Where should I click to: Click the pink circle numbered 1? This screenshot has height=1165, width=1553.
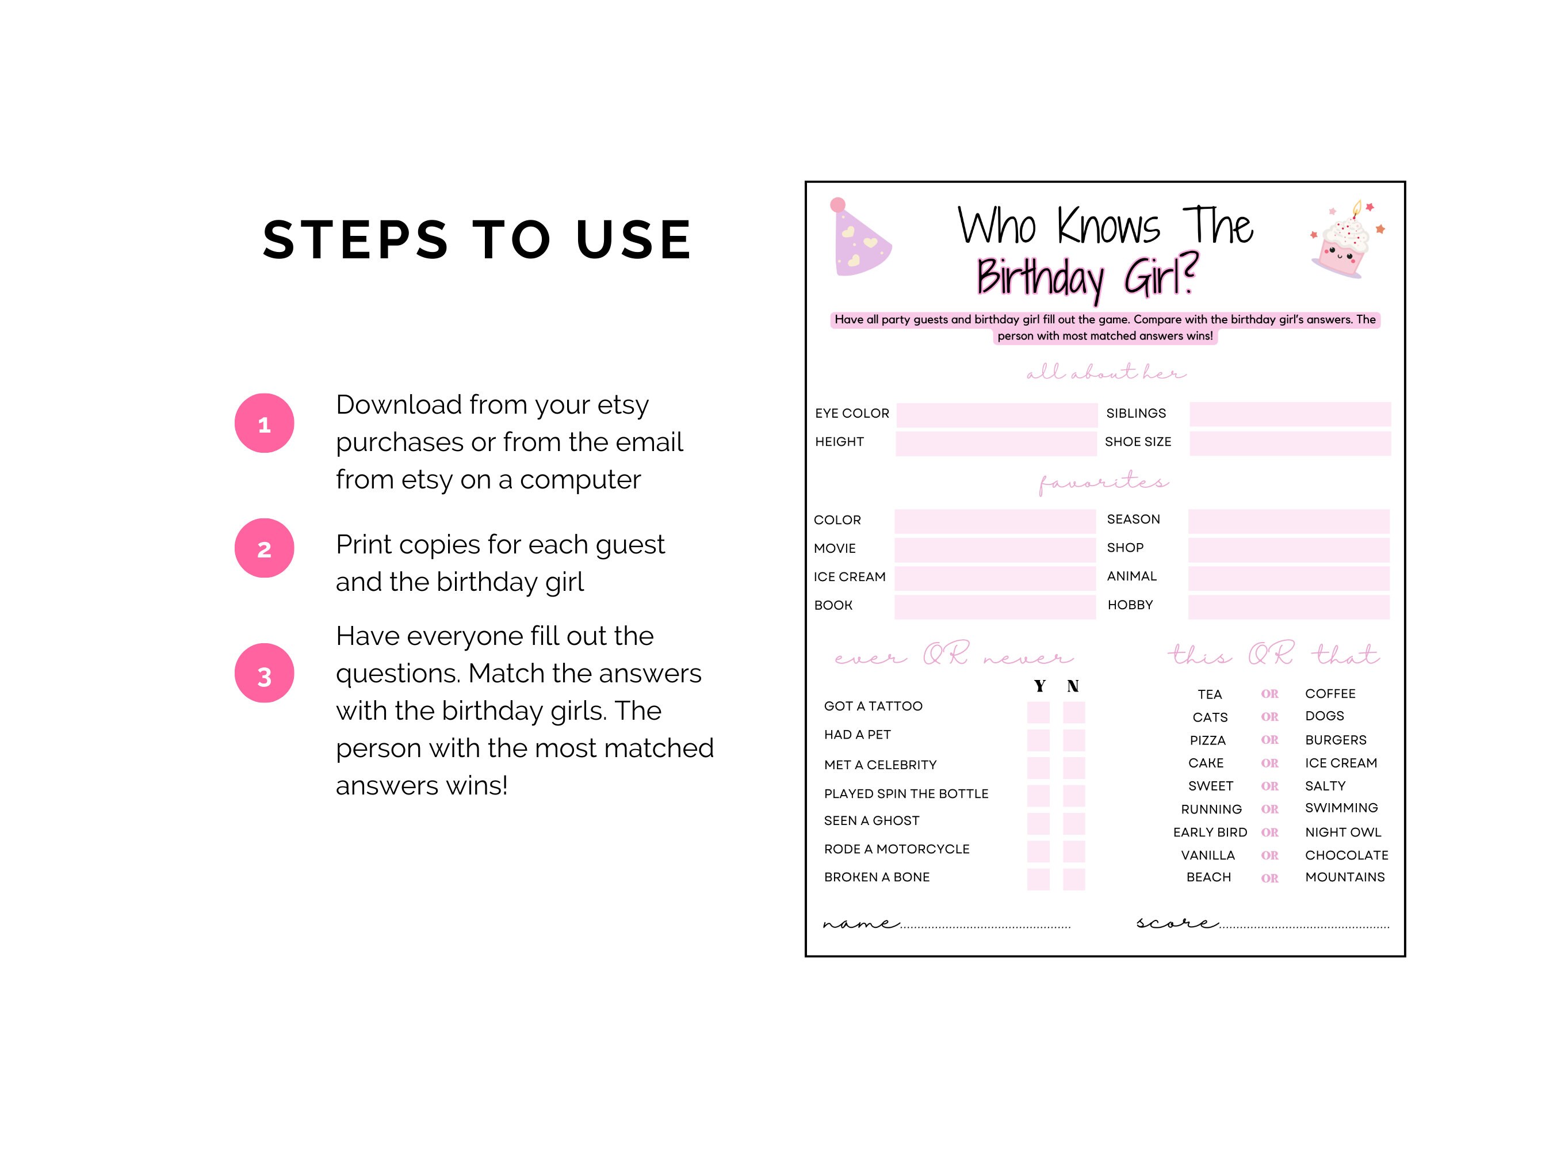[x=264, y=423]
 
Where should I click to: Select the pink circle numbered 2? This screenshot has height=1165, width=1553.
[x=264, y=548]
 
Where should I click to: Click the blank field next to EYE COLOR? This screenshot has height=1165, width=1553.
[x=997, y=415]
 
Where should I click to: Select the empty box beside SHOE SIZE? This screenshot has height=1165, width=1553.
[x=1290, y=443]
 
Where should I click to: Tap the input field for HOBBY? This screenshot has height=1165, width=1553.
[x=1288, y=607]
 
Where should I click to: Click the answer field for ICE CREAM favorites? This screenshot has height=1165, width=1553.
[x=995, y=578]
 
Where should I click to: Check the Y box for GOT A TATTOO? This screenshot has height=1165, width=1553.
[x=1038, y=712]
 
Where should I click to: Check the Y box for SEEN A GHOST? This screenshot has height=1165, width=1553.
[x=1038, y=823]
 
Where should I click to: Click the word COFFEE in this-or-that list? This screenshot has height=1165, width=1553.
[x=1330, y=694]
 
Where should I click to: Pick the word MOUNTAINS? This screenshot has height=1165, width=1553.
[x=1344, y=877]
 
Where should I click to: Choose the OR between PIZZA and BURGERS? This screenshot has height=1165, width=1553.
[x=1269, y=740]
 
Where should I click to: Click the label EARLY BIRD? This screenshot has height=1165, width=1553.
[x=1210, y=832]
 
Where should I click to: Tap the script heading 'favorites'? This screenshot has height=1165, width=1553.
[x=1103, y=483]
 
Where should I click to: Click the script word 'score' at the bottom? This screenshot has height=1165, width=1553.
[x=1177, y=923]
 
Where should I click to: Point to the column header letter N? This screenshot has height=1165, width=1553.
[x=1073, y=686]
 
